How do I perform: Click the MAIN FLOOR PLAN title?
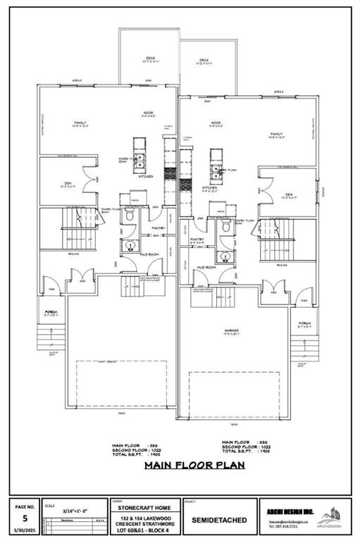(185, 465)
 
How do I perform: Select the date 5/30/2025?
(25, 530)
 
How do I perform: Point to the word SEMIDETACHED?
(219, 520)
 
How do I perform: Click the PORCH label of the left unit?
(51, 311)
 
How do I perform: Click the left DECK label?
(150, 59)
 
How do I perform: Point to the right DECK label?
(204, 61)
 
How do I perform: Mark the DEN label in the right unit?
(289, 194)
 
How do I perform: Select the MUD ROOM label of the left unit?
(149, 254)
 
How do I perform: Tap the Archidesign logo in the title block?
(328, 518)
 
